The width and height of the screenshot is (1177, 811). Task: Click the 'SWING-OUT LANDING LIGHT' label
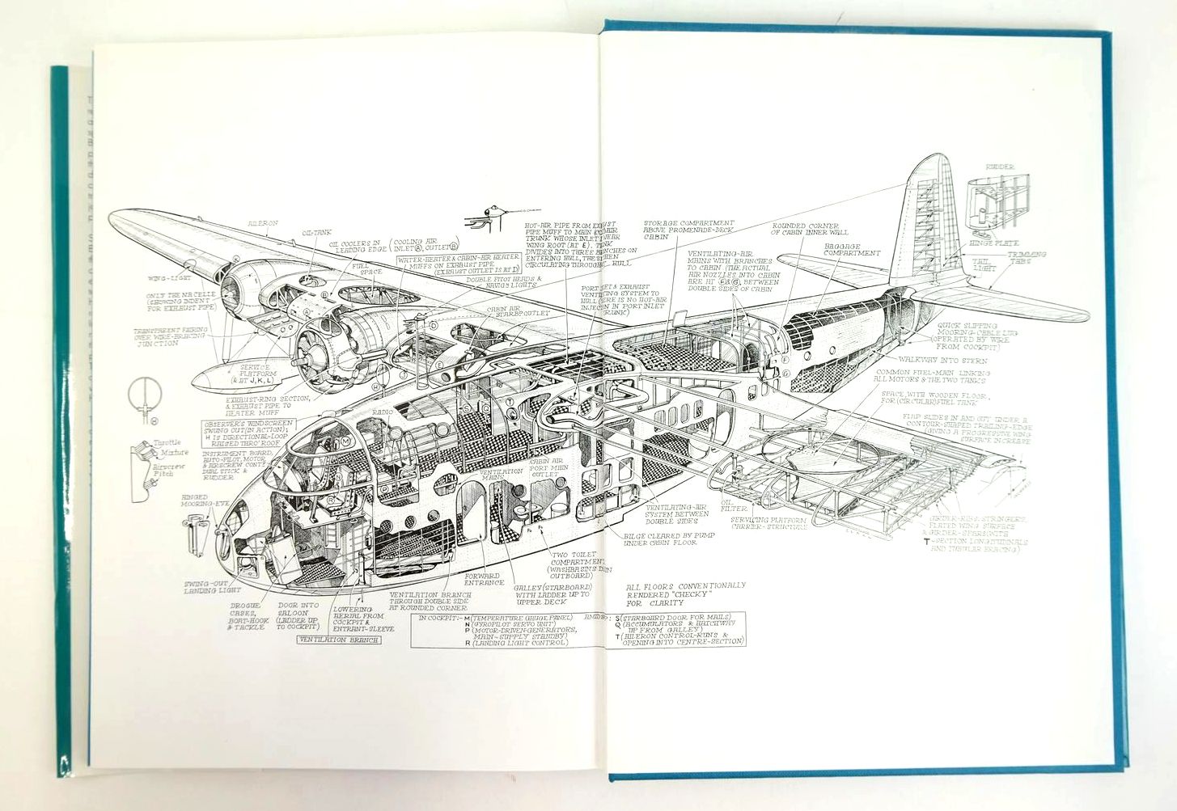[201, 588]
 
